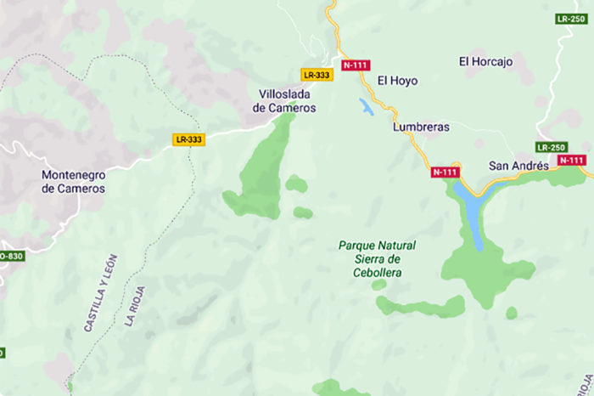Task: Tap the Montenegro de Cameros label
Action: pos(73,181)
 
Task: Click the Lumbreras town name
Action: pos(421,127)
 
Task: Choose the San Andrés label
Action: pos(519,166)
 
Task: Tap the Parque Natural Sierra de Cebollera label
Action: pos(377,258)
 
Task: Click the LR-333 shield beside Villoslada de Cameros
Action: pos(317,75)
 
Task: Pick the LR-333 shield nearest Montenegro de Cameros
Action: pos(188,139)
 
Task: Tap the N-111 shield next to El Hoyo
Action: pos(355,65)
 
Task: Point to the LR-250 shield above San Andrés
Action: pos(550,147)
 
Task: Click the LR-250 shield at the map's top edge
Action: pos(571,18)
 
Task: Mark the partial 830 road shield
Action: pos(11,255)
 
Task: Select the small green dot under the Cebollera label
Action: pos(378,285)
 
